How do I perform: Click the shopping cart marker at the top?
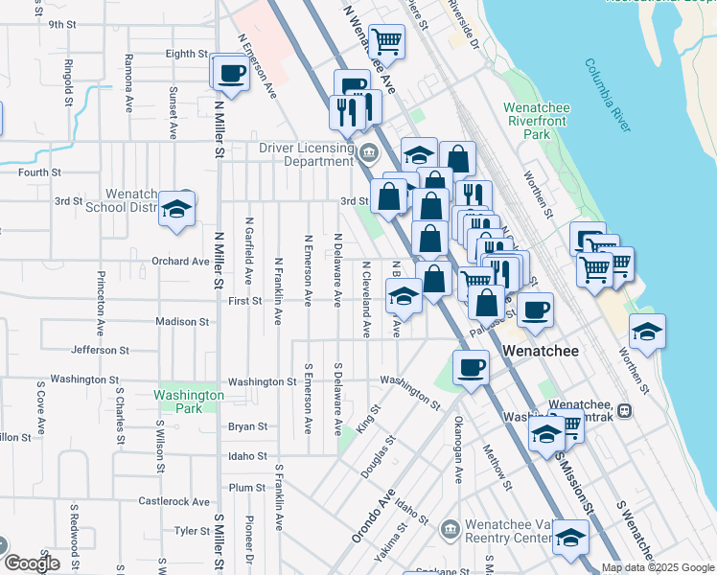click(387, 41)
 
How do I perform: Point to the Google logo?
click(31, 563)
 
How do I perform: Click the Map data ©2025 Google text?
click(658, 567)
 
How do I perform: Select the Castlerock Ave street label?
click(173, 501)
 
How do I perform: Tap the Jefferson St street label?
click(100, 350)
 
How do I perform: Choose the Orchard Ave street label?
click(180, 261)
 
